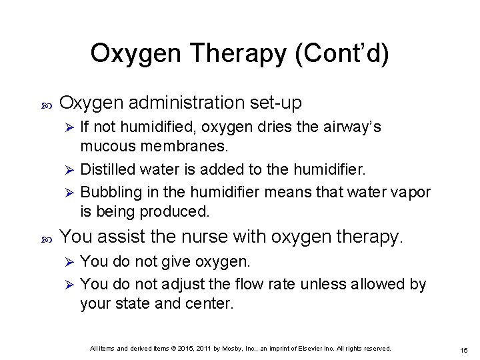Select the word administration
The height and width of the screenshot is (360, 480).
(187, 103)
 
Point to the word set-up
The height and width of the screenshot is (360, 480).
(275, 103)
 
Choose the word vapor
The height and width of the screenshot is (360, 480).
(411, 192)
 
